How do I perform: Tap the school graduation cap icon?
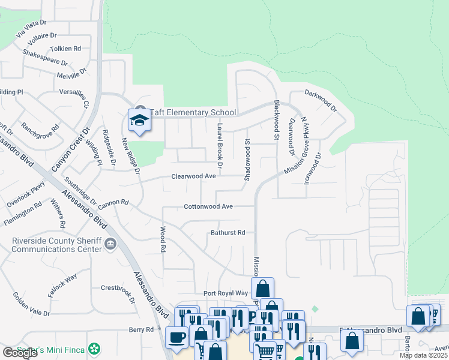[139, 121]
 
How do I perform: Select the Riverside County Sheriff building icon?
[110, 244]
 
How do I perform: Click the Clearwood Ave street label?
[193, 176]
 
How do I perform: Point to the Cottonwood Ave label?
[208, 206]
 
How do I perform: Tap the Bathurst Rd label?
[228, 232]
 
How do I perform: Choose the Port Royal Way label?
[226, 293]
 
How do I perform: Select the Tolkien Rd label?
[66, 49]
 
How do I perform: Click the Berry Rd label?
[142, 329]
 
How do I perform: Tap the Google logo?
[20, 353]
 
